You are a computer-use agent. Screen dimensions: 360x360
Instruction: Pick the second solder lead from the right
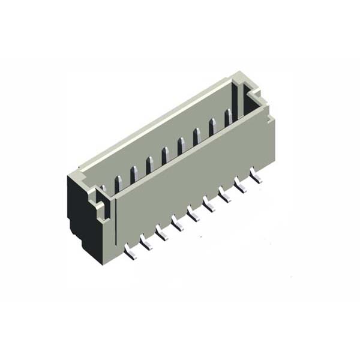point(240,186)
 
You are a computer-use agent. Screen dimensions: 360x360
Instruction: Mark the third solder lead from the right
point(224,195)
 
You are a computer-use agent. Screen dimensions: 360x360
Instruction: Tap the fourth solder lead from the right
point(209,205)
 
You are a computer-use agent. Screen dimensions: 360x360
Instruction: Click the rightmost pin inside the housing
point(228,118)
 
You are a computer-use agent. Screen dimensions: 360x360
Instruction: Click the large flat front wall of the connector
point(192,180)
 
